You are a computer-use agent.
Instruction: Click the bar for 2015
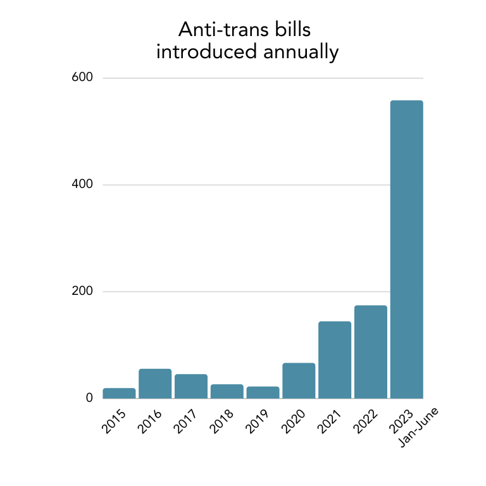[x=119, y=393]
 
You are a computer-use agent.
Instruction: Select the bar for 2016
[x=155, y=383]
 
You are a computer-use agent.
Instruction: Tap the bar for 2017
[x=191, y=386]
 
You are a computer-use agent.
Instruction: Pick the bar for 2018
[x=227, y=391]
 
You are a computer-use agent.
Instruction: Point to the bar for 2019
[x=263, y=392]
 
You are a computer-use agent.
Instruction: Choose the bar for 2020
[x=299, y=380]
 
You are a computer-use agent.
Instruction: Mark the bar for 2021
[x=335, y=359]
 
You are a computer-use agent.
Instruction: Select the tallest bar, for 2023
[x=406, y=249]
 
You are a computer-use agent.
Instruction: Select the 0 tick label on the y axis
[x=89, y=398]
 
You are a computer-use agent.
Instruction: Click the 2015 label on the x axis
[x=114, y=422]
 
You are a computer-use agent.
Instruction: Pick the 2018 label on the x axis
[x=222, y=422]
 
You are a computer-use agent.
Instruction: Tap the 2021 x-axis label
[x=330, y=422]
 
